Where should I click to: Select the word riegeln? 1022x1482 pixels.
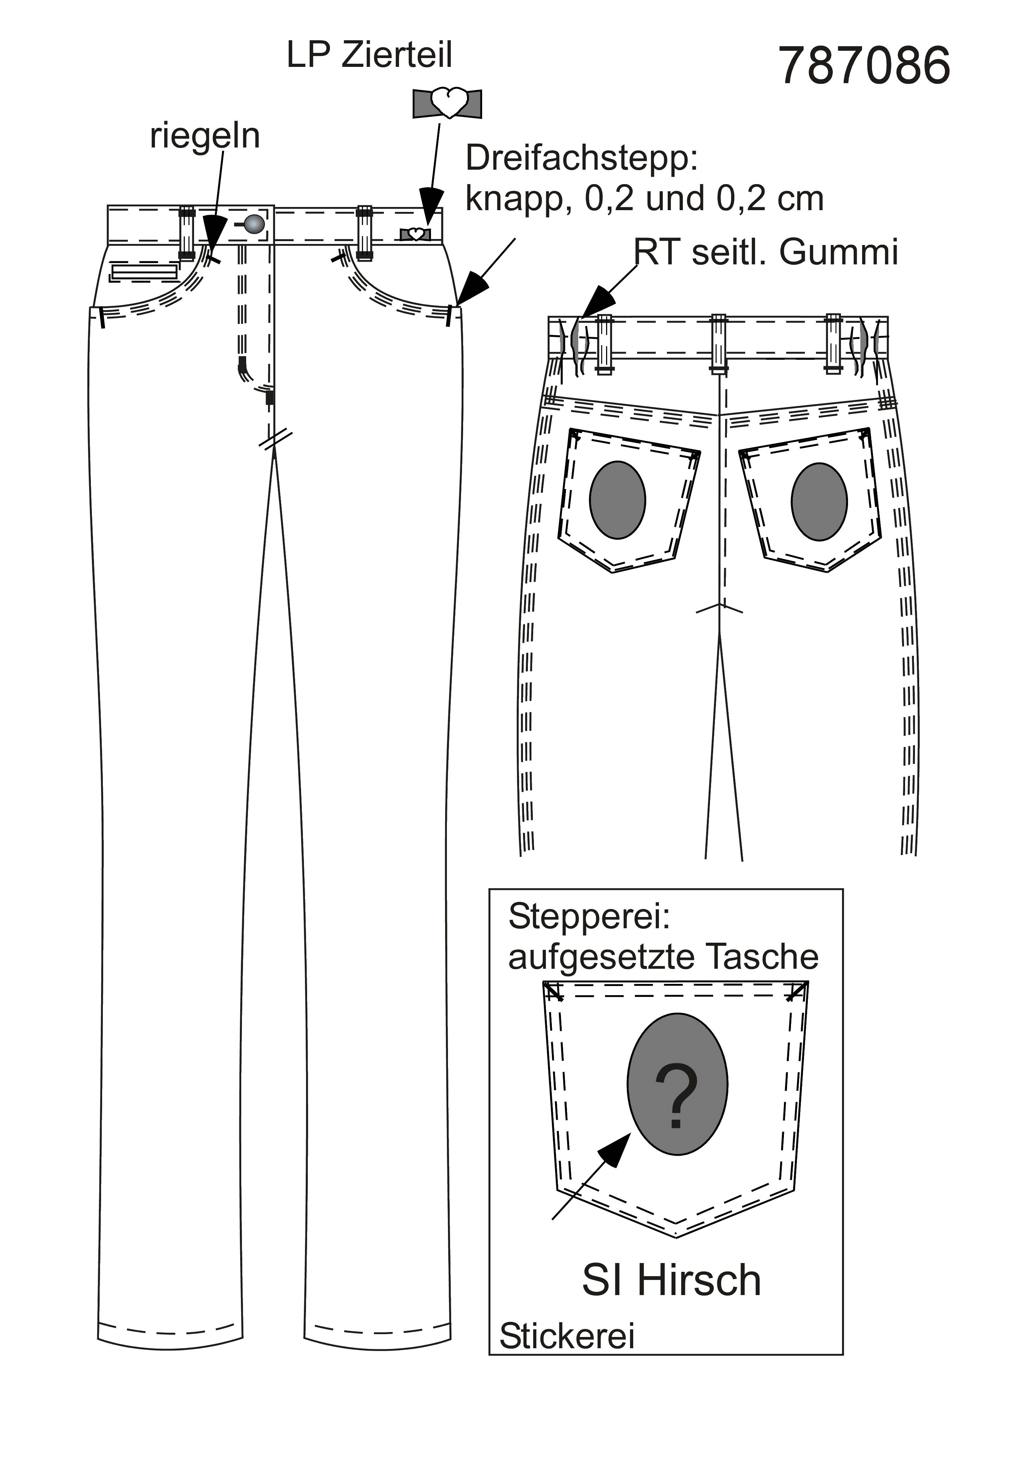pyautogui.click(x=205, y=136)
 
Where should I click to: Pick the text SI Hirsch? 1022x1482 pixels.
pyautogui.click(x=671, y=1280)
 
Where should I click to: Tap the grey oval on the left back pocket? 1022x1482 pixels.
pyautogui.click(x=617, y=500)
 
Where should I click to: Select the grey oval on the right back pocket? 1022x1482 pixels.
pyautogui.click(x=819, y=501)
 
